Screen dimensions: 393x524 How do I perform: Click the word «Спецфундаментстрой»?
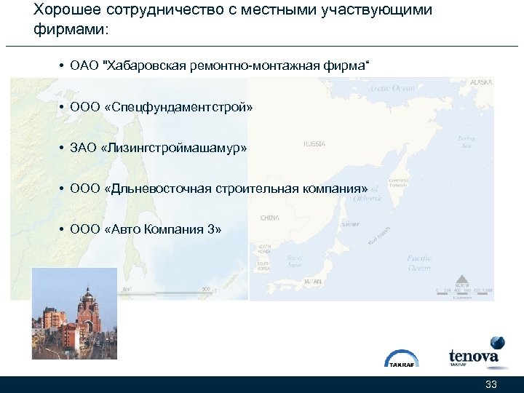pos(179,107)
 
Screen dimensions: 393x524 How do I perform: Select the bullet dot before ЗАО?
pos(63,148)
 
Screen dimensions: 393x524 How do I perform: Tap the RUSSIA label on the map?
pos(314,144)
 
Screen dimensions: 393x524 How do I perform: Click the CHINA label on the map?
pos(270,217)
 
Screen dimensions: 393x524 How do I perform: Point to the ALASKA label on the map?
pos(481,83)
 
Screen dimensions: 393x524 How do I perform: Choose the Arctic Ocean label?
pos(392,88)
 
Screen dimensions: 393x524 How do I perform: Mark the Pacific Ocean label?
pos(420,262)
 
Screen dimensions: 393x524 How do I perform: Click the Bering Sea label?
pos(467,141)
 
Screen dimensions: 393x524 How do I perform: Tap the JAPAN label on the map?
pos(313,280)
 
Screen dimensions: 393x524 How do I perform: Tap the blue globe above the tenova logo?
pos(497,342)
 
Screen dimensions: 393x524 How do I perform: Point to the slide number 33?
pos(491,384)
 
